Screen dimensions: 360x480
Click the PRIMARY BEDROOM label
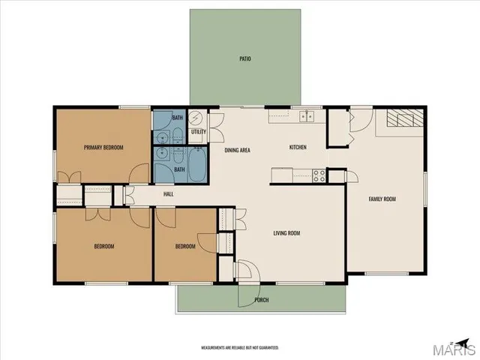tap(103, 147)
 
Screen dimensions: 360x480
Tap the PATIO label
tap(244, 57)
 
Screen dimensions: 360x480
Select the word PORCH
tap(262, 300)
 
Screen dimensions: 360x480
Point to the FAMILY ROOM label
tap(382, 199)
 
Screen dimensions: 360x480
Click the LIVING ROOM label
tap(286, 233)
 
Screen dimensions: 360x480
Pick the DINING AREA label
tap(237, 151)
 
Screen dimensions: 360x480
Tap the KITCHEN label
tap(298, 147)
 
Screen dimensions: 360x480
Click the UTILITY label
tap(198, 132)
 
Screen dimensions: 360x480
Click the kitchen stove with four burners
tap(319, 175)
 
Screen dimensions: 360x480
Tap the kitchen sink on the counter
tap(305, 115)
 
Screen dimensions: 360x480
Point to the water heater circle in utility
tap(195, 118)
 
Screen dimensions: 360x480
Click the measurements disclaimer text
tap(240, 348)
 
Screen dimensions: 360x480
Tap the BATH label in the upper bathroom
tap(177, 118)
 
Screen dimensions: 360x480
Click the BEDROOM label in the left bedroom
tap(104, 246)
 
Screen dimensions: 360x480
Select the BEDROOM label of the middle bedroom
tap(185, 246)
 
